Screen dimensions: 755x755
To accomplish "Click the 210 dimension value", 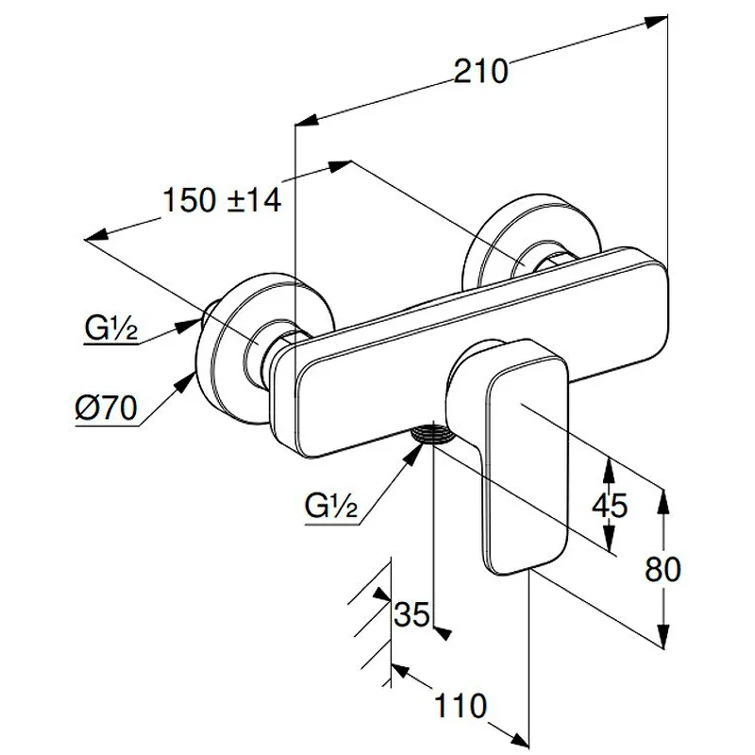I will coord(481,71).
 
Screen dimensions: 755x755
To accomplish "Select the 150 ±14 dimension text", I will coord(222,200).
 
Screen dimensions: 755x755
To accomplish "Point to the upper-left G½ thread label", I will coord(110,330).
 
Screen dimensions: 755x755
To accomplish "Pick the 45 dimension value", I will coord(609,505).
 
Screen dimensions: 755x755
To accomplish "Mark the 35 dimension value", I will coord(411,614).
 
